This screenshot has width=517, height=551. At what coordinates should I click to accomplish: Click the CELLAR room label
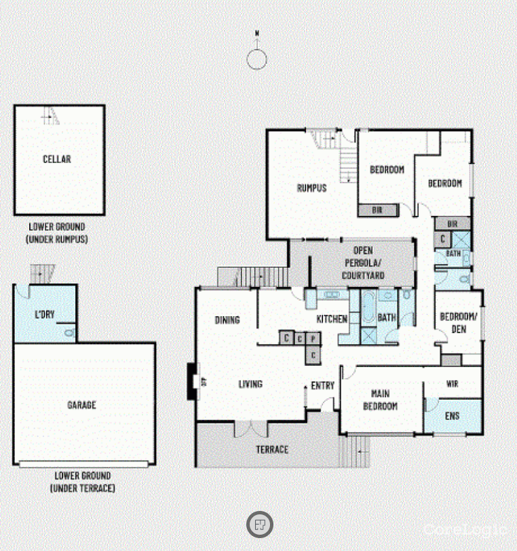click(x=57, y=159)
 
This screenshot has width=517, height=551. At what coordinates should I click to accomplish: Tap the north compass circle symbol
click(x=256, y=60)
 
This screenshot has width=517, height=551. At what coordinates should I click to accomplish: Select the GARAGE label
click(x=81, y=405)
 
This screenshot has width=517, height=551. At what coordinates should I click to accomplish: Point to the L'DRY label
click(x=45, y=314)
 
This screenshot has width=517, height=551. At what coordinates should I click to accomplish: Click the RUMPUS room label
click(x=311, y=188)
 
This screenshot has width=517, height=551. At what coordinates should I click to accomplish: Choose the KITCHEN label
click(x=332, y=319)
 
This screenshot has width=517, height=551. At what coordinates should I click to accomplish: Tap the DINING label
click(x=227, y=320)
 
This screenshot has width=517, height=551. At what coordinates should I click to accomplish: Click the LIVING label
click(x=250, y=384)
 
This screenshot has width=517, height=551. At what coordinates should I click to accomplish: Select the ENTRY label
click(x=323, y=385)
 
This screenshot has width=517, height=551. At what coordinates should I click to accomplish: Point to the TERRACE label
click(x=272, y=449)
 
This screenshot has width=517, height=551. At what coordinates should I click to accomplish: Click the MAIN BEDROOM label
click(x=380, y=400)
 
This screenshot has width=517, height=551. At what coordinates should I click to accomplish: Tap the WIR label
click(x=453, y=384)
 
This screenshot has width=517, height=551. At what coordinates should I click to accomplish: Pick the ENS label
click(x=453, y=416)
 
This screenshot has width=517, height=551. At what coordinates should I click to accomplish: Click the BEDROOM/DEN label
click(x=459, y=323)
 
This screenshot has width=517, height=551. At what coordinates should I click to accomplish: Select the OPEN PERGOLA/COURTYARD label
click(x=363, y=263)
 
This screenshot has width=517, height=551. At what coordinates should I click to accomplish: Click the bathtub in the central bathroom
click(x=368, y=307)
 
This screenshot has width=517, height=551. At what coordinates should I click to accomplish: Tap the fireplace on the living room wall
click(x=193, y=381)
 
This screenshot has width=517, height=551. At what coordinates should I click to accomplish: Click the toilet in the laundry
click(x=70, y=332)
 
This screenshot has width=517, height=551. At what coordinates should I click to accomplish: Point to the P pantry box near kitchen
click(x=313, y=339)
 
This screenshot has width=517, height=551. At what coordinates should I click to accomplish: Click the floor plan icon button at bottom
click(x=260, y=525)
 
